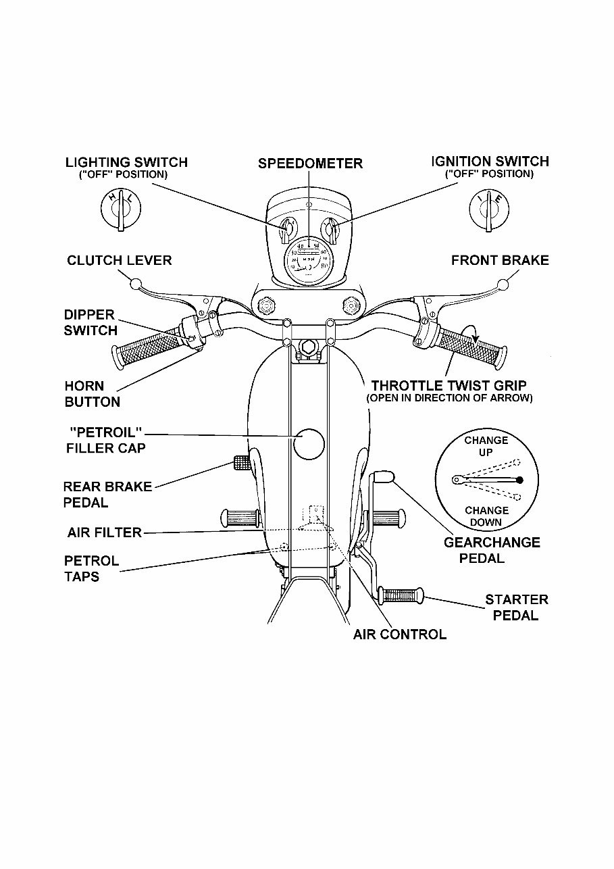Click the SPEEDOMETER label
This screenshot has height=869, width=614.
pyautogui.click(x=310, y=164)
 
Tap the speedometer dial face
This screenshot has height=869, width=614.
pyautogui.click(x=308, y=259)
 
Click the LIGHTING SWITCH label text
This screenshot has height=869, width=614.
pyautogui.click(x=126, y=162)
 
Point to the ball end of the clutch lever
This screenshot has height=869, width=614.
pyautogui.click(x=134, y=282)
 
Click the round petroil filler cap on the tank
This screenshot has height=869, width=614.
pyautogui.click(x=309, y=443)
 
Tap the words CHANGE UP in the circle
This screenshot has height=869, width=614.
pyautogui.click(x=486, y=446)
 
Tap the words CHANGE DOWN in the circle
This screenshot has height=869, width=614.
pyautogui.click(x=486, y=516)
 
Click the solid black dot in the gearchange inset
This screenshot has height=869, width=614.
pyautogui.click(x=519, y=480)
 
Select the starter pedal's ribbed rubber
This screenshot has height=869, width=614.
pyautogui.click(x=400, y=595)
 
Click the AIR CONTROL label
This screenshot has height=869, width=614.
pyautogui.click(x=399, y=635)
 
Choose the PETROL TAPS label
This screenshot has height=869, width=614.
pyautogui.click(x=91, y=569)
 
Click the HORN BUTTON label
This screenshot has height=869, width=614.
pyautogui.click(x=92, y=394)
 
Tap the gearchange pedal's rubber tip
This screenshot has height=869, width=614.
pyautogui.click(x=383, y=476)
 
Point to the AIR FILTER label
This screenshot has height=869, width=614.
pyautogui.click(x=105, y=532)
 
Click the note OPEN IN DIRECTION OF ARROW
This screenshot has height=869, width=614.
pyautogui.click(x=449, y=399)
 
